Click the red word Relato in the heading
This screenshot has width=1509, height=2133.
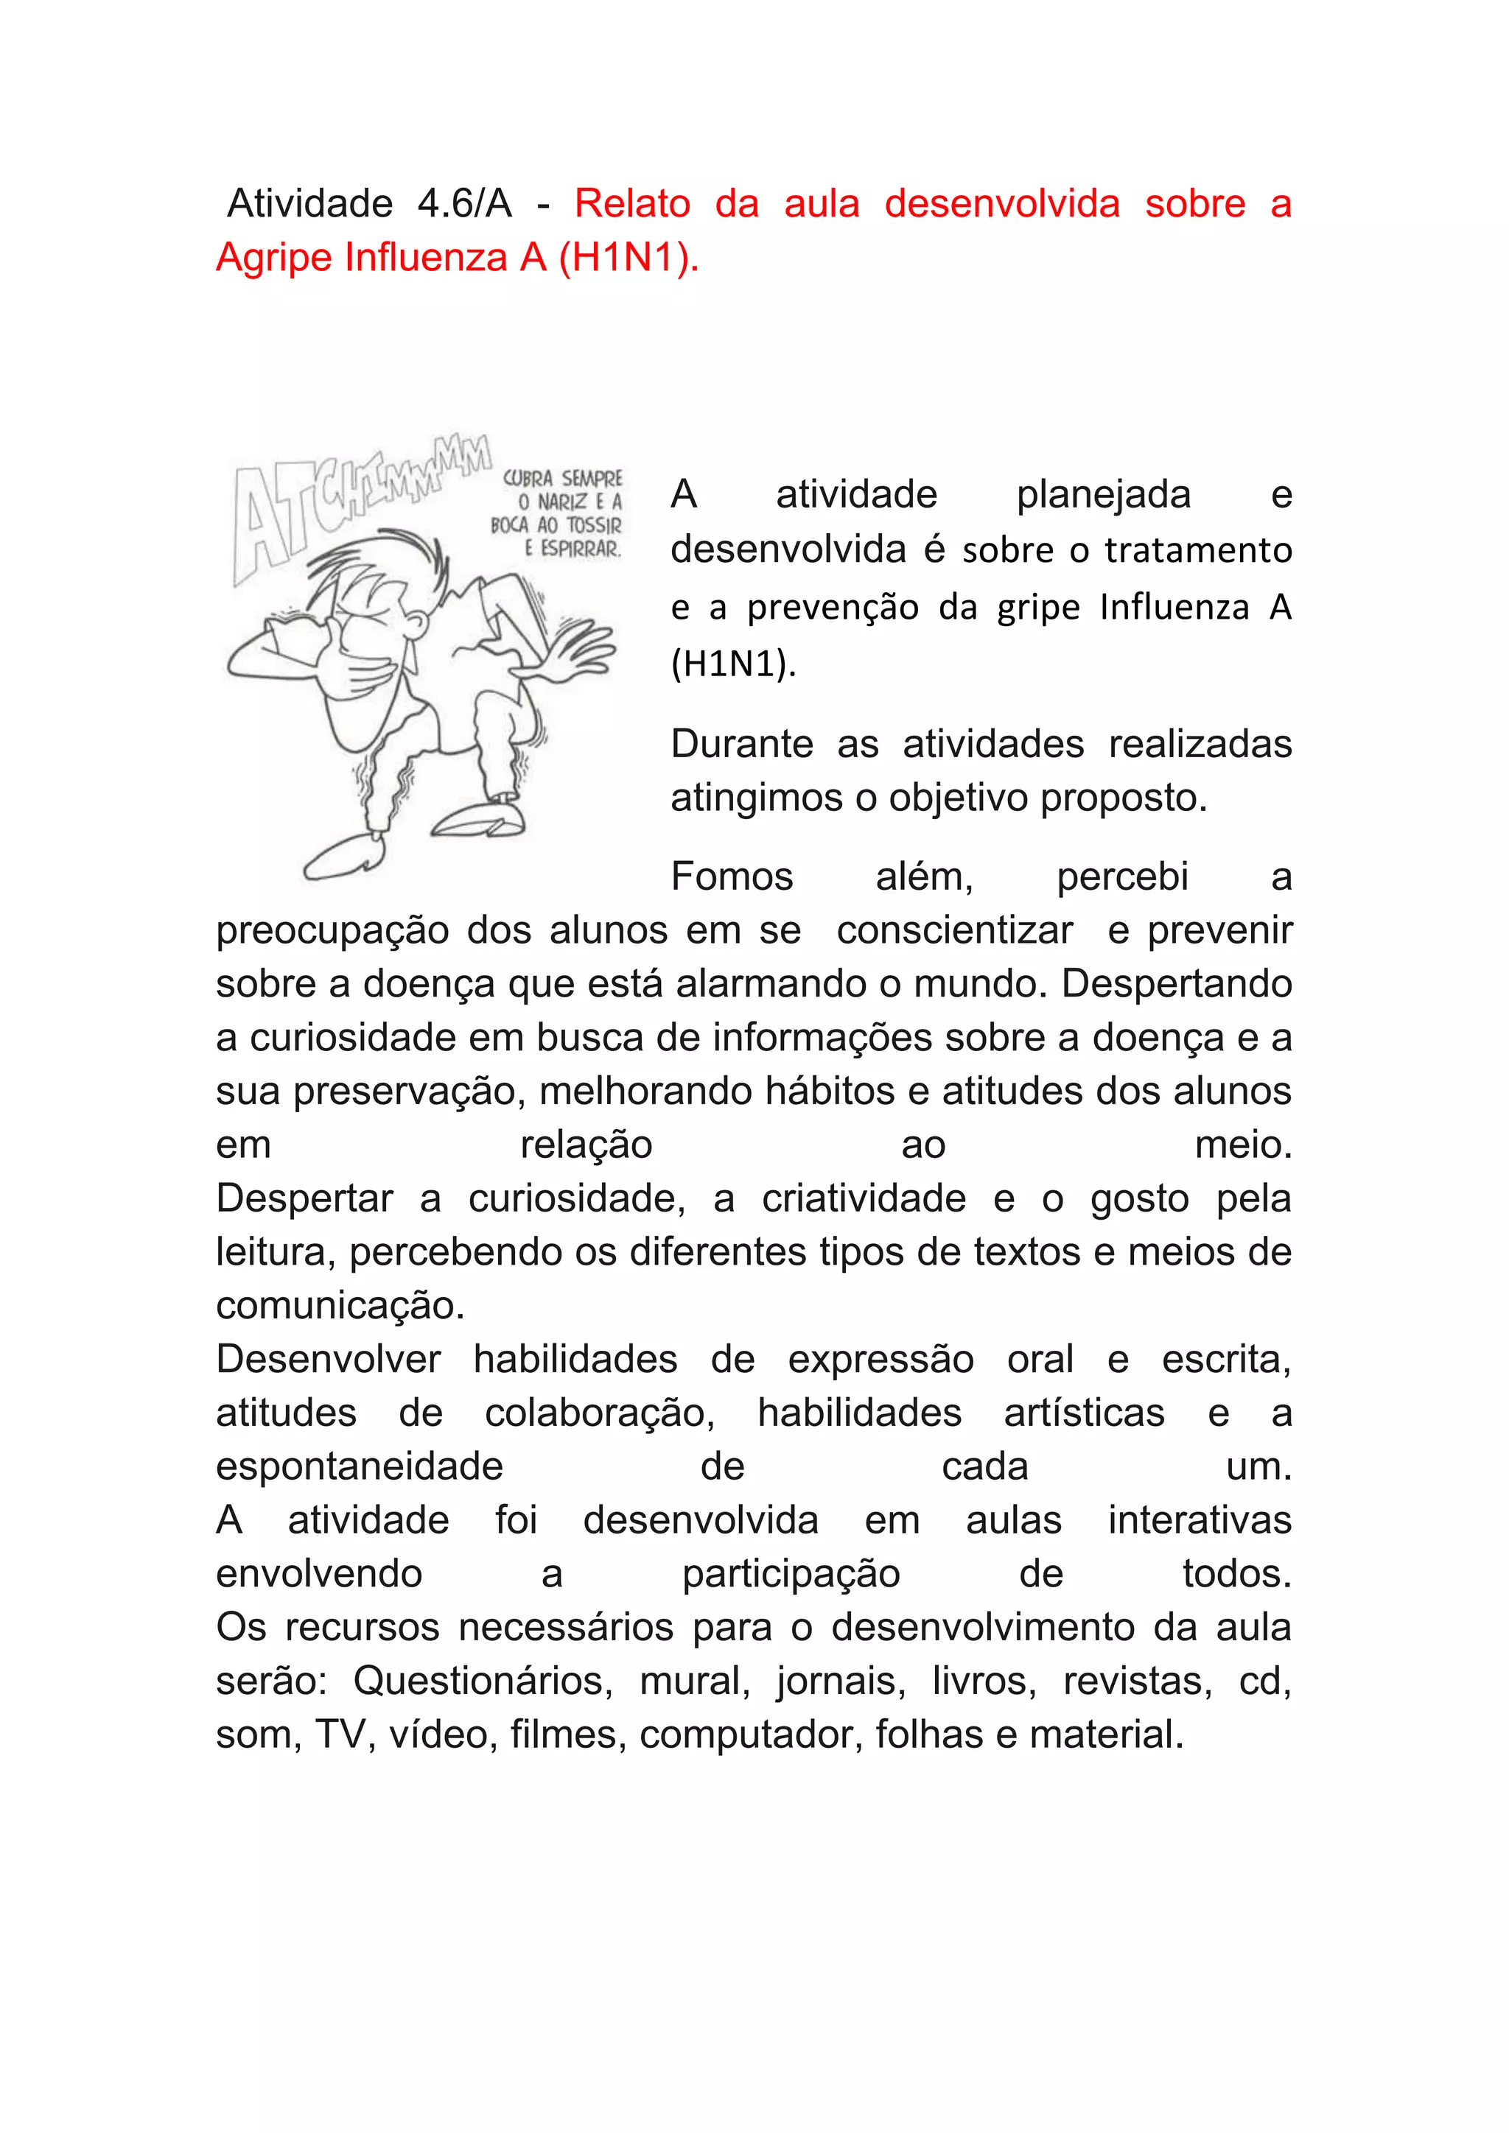point(632,203)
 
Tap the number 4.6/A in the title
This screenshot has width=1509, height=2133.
point(465,203)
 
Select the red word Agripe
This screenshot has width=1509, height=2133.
point(274,257)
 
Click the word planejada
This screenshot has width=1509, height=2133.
point(1103,494)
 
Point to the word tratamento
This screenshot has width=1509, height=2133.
point(1198,551)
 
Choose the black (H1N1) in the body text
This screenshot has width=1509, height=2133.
point(733,664)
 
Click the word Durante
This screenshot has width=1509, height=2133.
point(741,744)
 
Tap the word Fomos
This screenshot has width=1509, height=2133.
point(732,876)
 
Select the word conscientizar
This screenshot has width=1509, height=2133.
point(954,930)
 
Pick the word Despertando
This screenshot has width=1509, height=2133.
point(1177,984)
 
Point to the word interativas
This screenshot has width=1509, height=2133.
point(1200,1520)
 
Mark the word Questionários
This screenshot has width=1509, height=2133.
point(483,1681)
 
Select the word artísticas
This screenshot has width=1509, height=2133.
point(1083,1413)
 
